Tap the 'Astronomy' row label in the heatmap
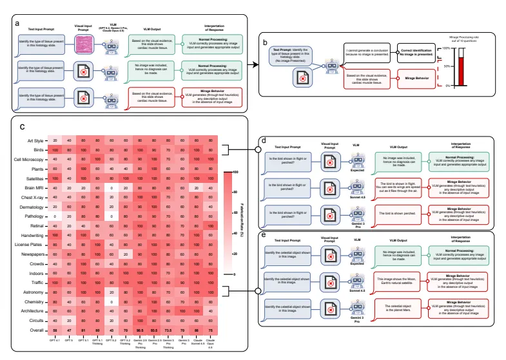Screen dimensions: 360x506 click(x=34, y=291)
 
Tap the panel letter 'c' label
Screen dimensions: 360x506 click(x=23, y=127)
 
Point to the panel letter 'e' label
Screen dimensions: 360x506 click(x=268, y=236)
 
